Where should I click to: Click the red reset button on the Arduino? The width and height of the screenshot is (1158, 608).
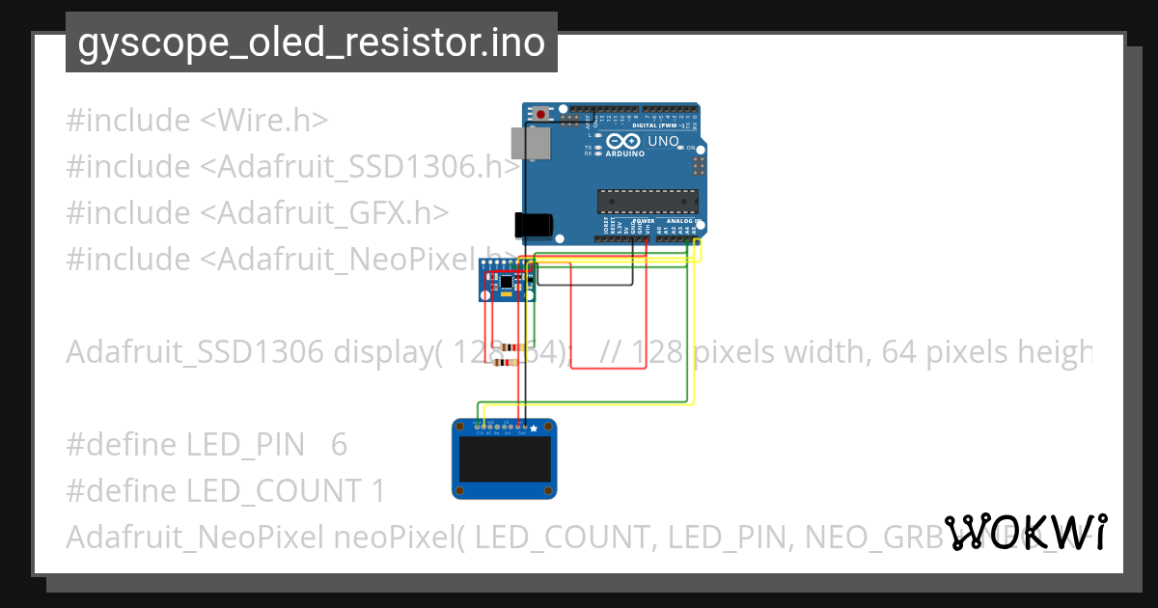tap(540, 114)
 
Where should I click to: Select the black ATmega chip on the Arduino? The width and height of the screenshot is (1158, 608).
tap(647, 201)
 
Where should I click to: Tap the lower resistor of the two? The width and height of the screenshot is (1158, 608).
tap(503, 362)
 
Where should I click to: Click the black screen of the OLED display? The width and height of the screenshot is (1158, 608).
tap(504, 460)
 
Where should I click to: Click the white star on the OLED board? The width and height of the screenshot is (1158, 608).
tap(534, 428)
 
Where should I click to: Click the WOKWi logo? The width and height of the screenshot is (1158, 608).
tap(1027, 533)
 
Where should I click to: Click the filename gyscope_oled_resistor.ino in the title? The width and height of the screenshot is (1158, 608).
tap(311, 42)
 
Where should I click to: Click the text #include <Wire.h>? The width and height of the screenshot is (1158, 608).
tap(197, 121)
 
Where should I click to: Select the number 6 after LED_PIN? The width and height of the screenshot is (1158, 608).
tap(339, 445)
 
